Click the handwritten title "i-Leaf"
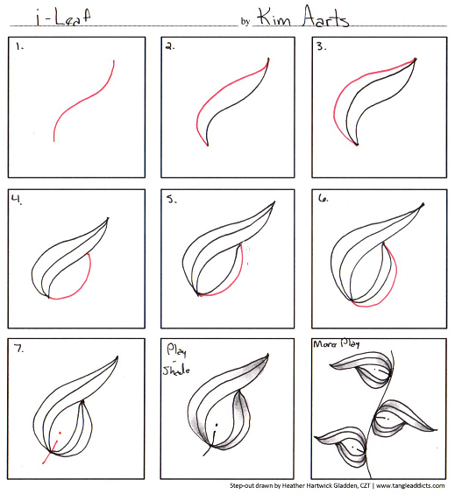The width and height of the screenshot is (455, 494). click(63, 18)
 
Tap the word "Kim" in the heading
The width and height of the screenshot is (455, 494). click(274, 18)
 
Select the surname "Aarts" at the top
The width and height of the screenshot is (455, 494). click(326, 16)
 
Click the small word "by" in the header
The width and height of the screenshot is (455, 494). click(245, 21)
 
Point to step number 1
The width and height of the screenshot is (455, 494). click(20, 47)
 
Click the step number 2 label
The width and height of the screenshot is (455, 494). click(170, 47)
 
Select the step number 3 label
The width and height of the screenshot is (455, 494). click(322, 46)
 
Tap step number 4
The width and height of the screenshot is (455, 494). click(17, 200)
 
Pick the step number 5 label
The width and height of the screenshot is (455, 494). click(172, 200)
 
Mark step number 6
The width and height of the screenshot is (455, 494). click(323, 198)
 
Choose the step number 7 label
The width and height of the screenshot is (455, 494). click(19, 349)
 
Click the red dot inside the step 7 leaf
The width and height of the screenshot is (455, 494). click(60, 433)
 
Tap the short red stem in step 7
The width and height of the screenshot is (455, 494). click(50, 452)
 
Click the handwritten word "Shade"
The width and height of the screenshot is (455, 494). click(176, 370)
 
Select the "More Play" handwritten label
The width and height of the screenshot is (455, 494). click(336, 343)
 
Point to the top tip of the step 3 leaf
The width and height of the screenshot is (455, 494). click(416, 59)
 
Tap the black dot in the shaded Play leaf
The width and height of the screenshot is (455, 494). click(217, 425)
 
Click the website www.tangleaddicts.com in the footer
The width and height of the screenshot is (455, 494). click(410, 485)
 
